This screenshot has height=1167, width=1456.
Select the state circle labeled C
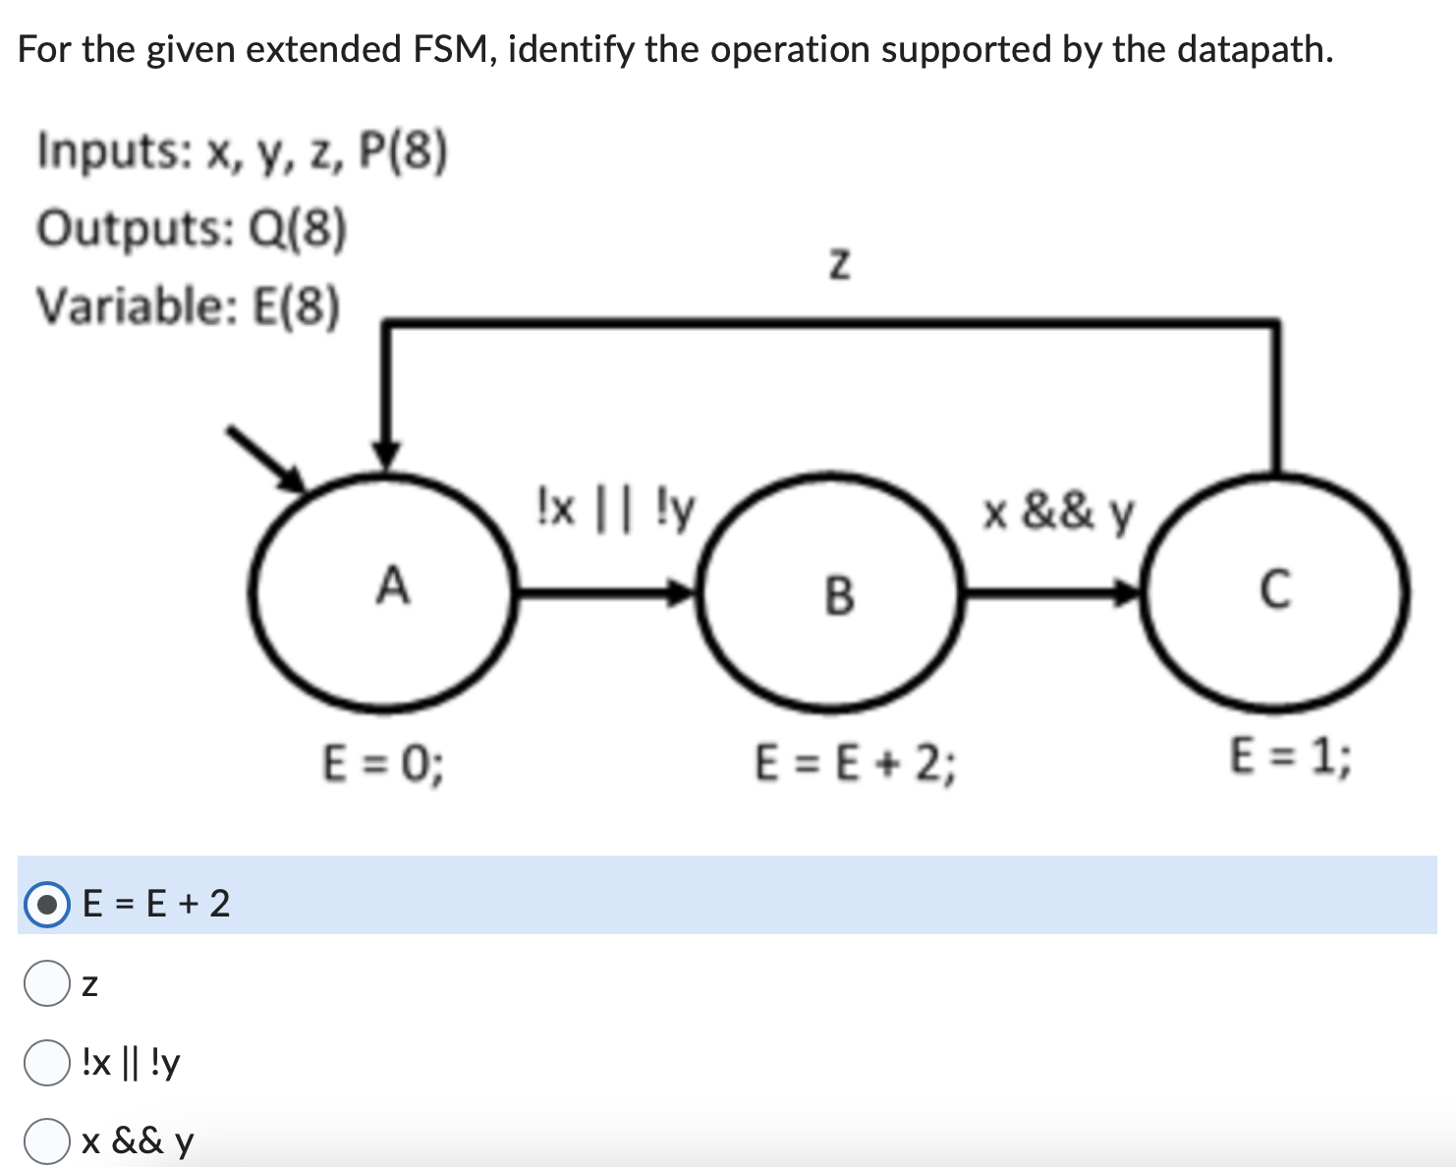[1275, 592]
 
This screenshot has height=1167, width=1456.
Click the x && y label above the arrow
[1059, 512]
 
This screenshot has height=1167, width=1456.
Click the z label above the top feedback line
[837, 264]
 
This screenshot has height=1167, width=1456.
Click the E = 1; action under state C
[1290, 756]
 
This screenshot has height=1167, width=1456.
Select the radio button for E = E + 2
[46, 904]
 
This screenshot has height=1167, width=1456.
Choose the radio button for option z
[46, 983]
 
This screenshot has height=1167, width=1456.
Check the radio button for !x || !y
[46, 1063]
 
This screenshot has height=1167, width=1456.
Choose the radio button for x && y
[46, 1141]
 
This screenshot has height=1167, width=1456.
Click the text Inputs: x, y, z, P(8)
[242, 152]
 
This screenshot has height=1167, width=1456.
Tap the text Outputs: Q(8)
[192, 229]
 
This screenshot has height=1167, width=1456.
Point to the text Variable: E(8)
[188, 306]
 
